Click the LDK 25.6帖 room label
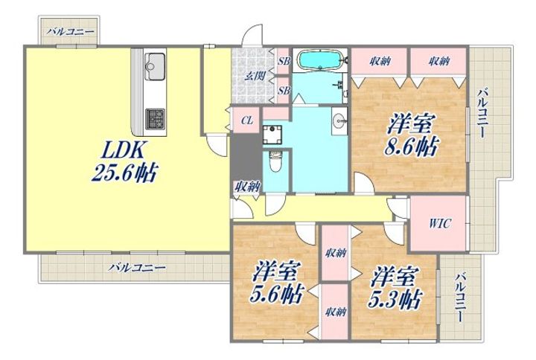pyautogui.click(x=124, y=161)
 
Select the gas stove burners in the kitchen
pyautogui.click(x=156, y=118)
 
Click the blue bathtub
pyautogui.click(x=319, y=60)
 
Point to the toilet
pyautogui.click(x=275, y=163)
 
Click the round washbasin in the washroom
pyautogui.click(x=339, y=120)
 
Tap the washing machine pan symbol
pyautogui.click(x=272, y=135)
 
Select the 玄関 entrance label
pyautogui.click(x=255, y=75)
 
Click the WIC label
pyautogui.click(x=440, y=224)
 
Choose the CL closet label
pyautogui.click(x=247, y=120)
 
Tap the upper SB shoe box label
pyautogui.click(x=284, y=61)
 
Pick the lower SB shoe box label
pyautogui.click(x=284, y=91)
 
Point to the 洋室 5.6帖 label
pyautogui.click(x=276, y=283)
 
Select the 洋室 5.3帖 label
pyautogui.click(x=395, y=289)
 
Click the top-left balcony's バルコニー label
pyautogui.click(x=71, y=32)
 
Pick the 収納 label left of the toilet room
pyautogui.click(x=247, y=187)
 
